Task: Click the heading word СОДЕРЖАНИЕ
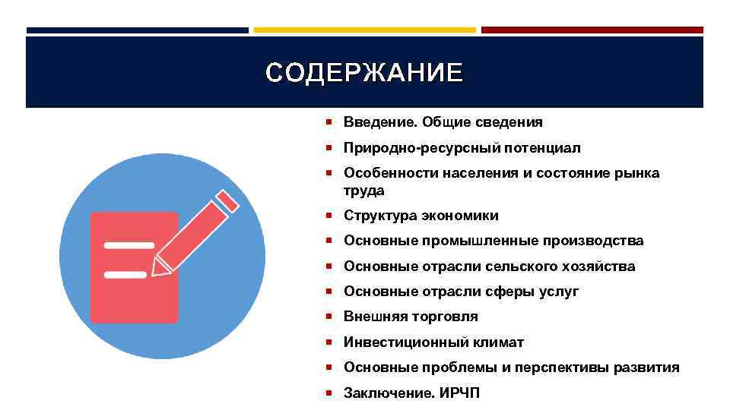(364, 73)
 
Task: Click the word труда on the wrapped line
(364, 190)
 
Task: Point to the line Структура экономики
(421, 216)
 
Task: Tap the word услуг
(559, 292)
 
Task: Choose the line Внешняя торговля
(411, 317)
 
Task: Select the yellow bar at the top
(364, 30)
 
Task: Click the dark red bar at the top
(592, 30)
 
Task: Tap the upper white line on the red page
(129, 245)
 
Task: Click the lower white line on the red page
(125, 274)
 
